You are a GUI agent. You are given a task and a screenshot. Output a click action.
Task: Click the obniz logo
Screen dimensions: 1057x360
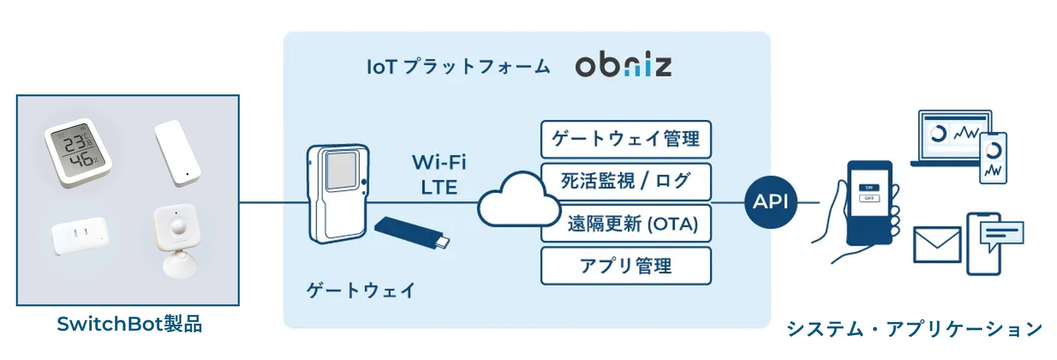[623, 66]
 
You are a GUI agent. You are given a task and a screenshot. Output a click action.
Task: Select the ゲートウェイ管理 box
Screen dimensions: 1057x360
[626, 139]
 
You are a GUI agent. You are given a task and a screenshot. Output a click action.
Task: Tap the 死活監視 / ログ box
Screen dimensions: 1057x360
[626, 181]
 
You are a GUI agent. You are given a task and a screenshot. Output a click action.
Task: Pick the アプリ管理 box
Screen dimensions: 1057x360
[626, 266]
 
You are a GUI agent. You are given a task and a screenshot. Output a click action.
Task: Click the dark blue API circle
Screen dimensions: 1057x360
[770, 202]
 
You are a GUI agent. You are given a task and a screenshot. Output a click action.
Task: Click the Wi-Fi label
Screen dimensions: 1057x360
[439, 162]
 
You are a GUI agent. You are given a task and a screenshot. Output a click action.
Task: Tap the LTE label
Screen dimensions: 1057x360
[439, 188]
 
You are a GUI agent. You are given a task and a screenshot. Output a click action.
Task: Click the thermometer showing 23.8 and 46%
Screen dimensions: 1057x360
[78, 152]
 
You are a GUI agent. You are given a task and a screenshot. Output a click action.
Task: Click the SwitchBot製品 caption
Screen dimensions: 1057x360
[129, 324]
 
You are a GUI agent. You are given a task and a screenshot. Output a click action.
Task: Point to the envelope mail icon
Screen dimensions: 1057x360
[937, 245]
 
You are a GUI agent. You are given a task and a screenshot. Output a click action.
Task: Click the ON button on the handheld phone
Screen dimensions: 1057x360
[868, 188]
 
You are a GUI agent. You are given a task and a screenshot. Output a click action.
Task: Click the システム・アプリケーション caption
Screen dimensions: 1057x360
[914, 329]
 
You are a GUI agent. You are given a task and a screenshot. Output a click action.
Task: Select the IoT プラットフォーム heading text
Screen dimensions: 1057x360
[458, 67]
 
